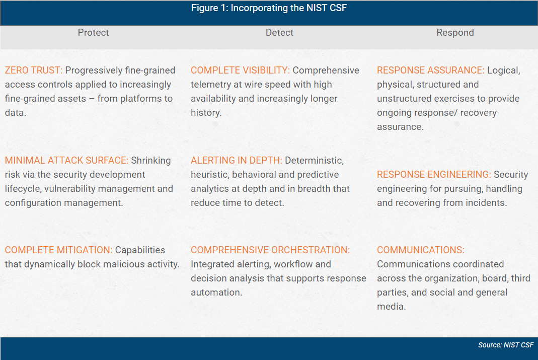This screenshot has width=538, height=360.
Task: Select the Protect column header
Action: (93, 33)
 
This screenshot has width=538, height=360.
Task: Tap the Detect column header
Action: (279, 33)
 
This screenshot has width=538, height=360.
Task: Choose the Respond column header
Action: (455, 33)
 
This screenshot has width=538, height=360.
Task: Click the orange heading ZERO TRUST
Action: (33, 70)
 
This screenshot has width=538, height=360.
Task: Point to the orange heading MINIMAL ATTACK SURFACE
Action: (66, 161)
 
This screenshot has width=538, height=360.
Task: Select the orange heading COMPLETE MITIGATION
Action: (58, 250)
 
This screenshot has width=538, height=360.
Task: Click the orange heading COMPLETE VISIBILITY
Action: (240, 70)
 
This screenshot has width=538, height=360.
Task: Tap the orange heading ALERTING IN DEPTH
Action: (236, 161)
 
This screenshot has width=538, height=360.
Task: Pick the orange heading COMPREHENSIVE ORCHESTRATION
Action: (270, 250)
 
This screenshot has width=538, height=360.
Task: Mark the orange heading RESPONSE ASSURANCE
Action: (430, 70)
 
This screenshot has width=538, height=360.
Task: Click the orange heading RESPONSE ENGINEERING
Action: (434, 175)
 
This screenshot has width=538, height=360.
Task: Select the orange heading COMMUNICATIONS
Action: (421, 250)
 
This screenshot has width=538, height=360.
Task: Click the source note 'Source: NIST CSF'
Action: (505, 345)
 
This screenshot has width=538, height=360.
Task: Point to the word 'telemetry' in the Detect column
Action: (210, 85)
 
